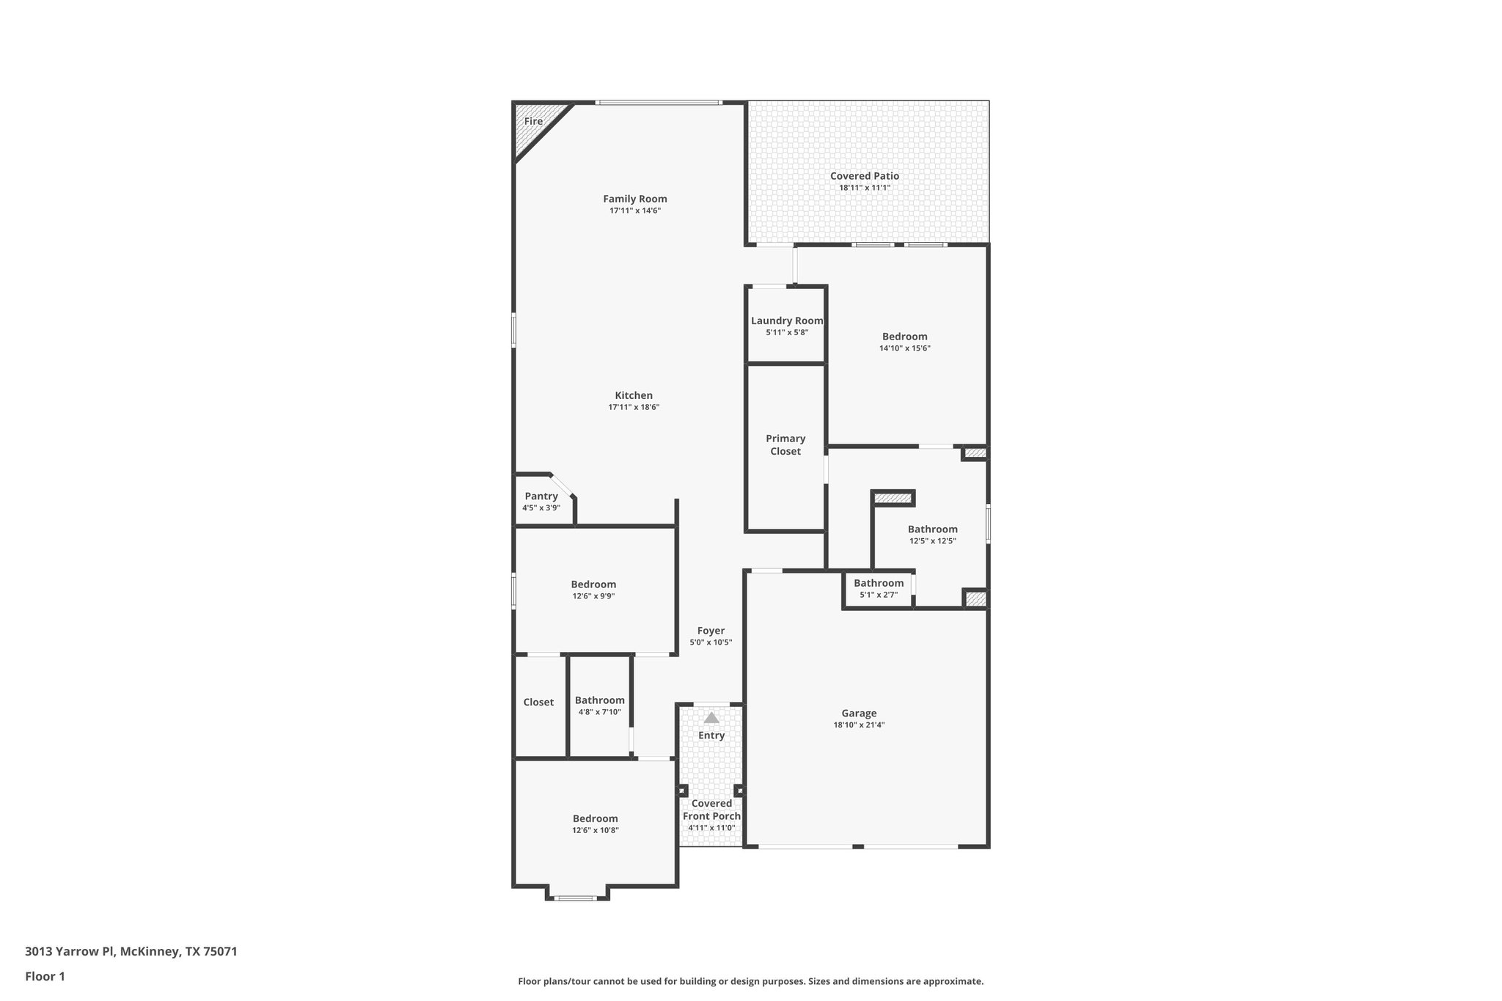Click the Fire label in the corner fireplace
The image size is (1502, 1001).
click(x=533, y=122)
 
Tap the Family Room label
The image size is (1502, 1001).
click(x=635, y=199)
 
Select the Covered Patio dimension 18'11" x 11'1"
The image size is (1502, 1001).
click(x=865, y=188)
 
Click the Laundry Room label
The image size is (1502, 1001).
click(x=787, y=320)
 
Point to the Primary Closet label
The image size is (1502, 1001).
click(x=785, y=444)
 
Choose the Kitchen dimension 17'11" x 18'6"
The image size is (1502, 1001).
click(x=634, y=407)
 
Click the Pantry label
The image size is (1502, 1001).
click(x=541, y=496)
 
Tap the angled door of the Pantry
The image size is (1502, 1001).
click(x=563, y=485)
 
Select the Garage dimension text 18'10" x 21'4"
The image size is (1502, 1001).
click(x=859, y=725)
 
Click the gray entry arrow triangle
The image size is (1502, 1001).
click(x=711, y=718)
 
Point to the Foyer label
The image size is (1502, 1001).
click(x=711, y=631)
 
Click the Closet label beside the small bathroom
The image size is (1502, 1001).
click(x=538, y=702)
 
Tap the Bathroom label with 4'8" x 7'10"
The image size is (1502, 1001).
click(x=600, y=700)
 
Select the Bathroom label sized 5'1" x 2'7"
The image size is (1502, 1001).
click(x=879, y=583)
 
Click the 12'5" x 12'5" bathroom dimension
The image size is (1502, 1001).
click(x=933, y=541)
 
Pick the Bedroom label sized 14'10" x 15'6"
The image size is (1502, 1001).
click(x=905, y=337)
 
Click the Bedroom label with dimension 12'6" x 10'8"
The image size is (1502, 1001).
click(x=596, y=818)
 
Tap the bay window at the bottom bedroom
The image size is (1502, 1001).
click(x=576, y=898)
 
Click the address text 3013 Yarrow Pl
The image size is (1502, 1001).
click(x=131, y=952)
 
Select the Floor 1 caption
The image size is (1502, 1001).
click(x=45, y=976)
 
